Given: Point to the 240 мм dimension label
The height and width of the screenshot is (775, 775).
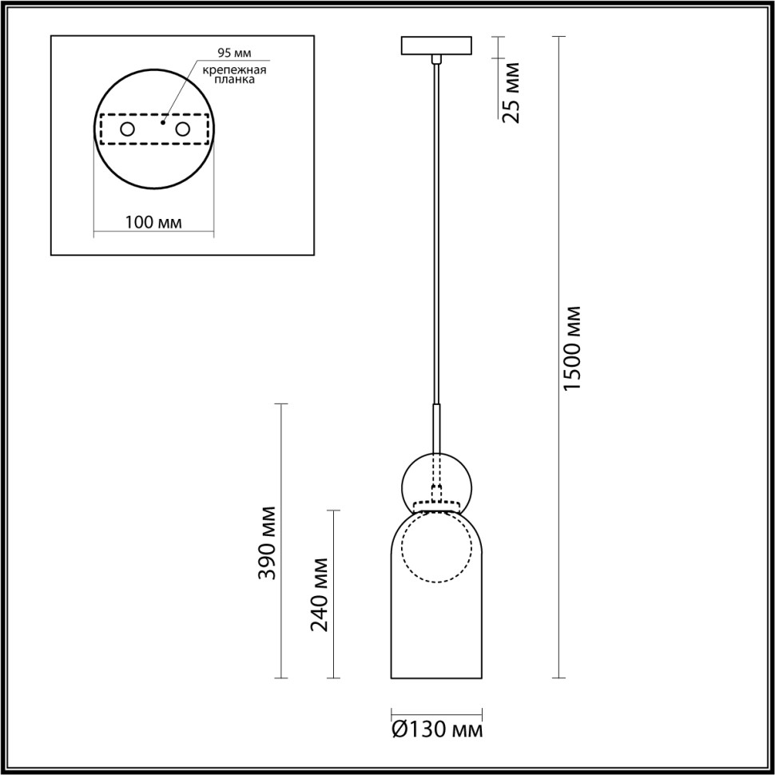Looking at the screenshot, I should pyautogui.click(x=320, y=592).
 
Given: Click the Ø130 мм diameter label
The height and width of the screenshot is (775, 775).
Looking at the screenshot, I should pyautogui.click(x=437, y=729).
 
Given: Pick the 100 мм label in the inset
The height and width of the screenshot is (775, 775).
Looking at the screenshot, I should pyautogui.click(x=153, y=221).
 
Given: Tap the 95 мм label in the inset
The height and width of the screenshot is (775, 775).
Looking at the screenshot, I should pyautogui.click(x=234, y=54).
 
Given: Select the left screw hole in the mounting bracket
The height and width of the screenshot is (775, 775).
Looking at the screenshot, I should pyautogui.click(x=127, y=129).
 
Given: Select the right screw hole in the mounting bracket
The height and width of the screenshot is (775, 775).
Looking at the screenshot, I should pyautogui.click(x=183, y=129).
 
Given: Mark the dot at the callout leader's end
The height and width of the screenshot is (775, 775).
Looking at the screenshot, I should pyautogui.click(x=162, y=123).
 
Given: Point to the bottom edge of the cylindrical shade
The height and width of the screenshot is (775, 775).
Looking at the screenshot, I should pyautogui.click(x=436, y=679).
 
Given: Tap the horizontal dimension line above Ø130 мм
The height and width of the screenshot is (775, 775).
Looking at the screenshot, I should pyautogui.click(x=436, y=713).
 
